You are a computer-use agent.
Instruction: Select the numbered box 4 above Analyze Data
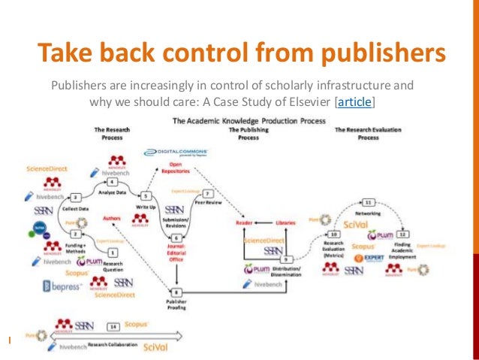pyautogui.click(x=113, y=182)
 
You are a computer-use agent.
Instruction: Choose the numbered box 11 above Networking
pyautogui.click(x=369, y=202)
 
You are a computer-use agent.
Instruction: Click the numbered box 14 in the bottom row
pyautogui.click(x=113, y=327)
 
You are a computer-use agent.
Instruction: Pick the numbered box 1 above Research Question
pyautogui.click(x=113, y=253)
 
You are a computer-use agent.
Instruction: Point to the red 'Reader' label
pyautogui.click(x=243, y=222)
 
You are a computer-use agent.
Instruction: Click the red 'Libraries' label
pyautogui.click(x=283, y=222)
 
